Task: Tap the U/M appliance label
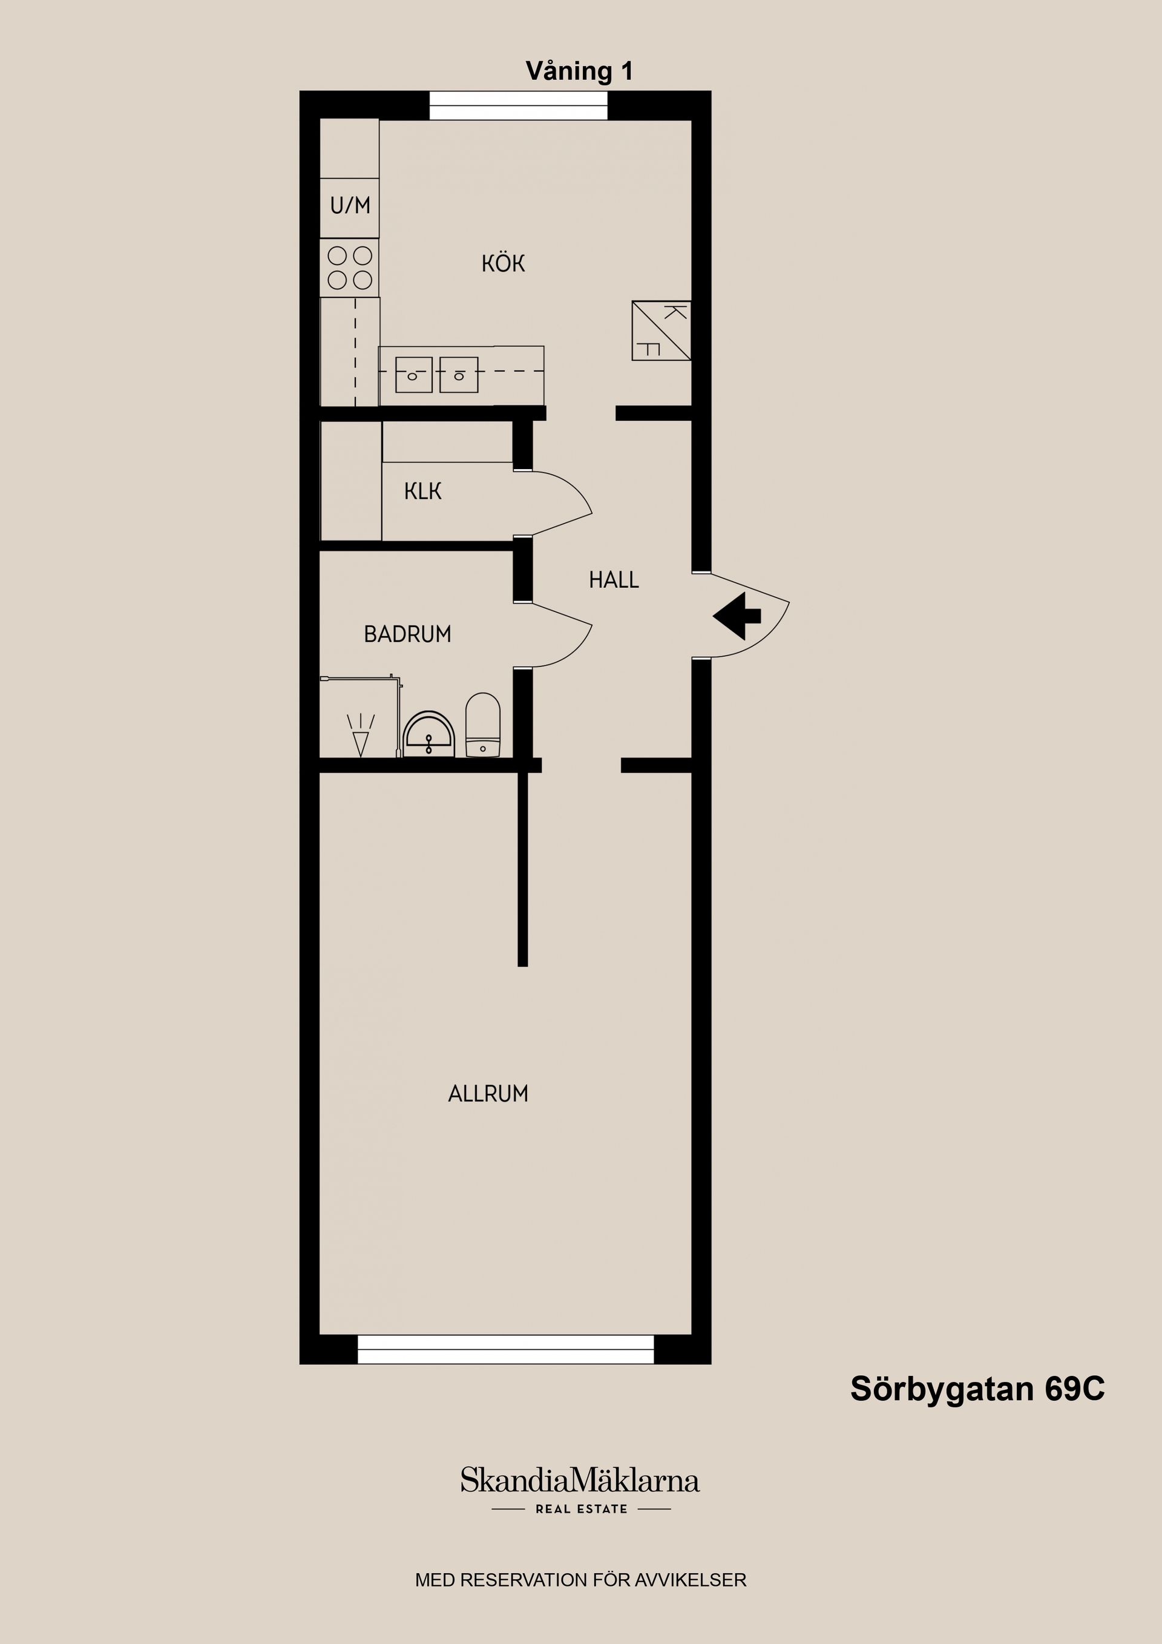[350, 206]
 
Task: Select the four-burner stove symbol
[349, 267]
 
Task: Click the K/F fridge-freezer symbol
[661, 331]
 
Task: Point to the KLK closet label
[422, 491]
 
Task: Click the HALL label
[614, 580]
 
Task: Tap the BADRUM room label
[407, 634]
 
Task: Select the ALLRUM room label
[488, 1093]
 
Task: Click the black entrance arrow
[737, 616]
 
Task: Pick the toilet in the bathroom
[482, 725]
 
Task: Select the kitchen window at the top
[517, 105]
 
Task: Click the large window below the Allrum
[505, 1349]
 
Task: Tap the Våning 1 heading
[579, 71]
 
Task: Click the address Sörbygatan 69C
[977, 1389]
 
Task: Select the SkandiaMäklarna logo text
[579, 1480]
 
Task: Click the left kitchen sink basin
[413, 375]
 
